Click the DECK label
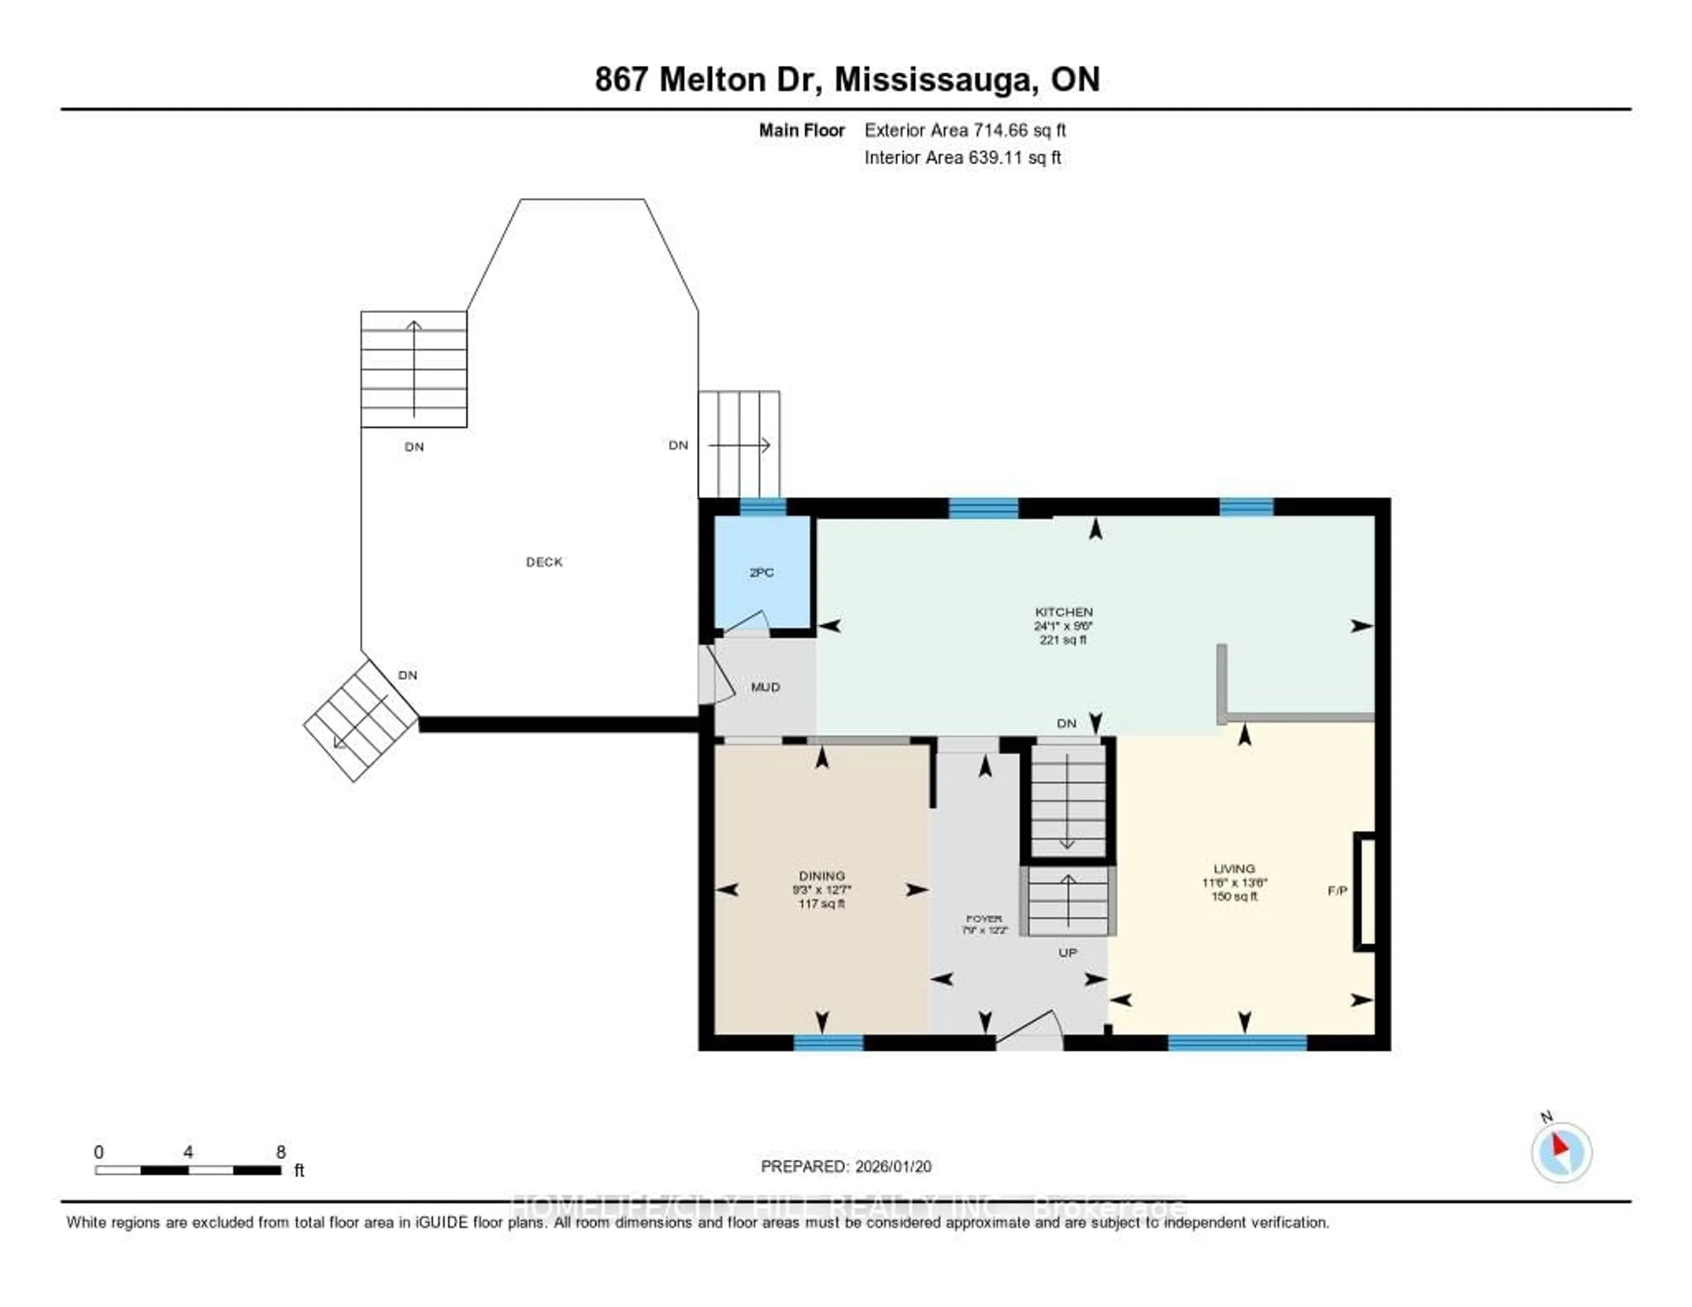544,562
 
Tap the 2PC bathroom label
761,572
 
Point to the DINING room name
822,876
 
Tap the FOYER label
984,918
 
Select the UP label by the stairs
1068,952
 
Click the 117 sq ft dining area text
822,903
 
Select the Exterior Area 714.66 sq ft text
965,130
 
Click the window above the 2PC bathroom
763,508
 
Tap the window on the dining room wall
828,1042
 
